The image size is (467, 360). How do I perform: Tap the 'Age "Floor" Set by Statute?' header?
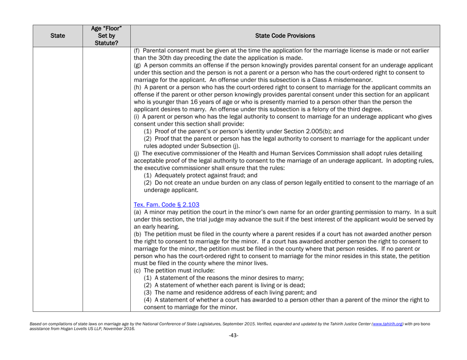(x=106, y=35)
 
